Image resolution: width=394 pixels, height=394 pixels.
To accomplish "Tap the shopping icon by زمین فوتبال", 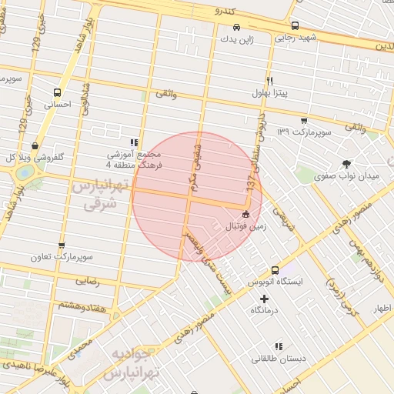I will click(245, 215).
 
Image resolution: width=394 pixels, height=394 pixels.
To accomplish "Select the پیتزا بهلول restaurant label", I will click(269, 93).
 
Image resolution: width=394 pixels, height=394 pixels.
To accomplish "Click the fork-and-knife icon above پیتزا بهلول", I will click(269, 80).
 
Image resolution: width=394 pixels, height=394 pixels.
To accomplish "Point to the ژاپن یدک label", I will click(235, 38).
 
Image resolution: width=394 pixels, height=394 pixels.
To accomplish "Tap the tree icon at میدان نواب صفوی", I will click(346, 163).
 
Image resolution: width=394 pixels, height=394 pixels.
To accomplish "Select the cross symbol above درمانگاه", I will click(265, 298).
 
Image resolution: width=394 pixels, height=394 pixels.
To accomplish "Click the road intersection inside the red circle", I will click(189, 198).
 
